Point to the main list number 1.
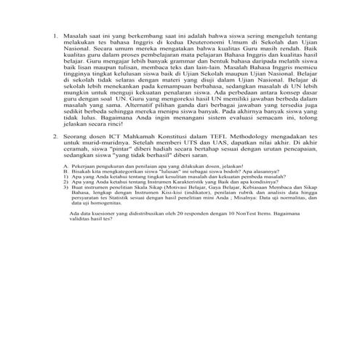click(x=55, y=35)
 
